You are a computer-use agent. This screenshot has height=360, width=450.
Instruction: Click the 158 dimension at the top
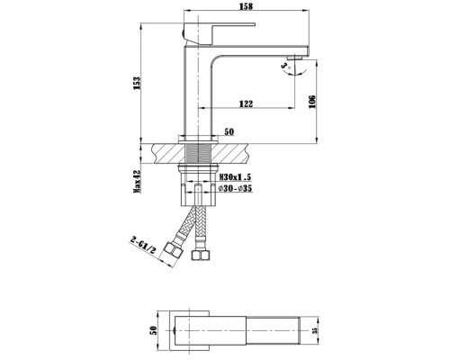coord(246,6)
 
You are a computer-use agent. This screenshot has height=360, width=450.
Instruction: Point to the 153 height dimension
coord(137,84)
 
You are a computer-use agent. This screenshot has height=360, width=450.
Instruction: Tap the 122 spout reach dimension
coord(246,103)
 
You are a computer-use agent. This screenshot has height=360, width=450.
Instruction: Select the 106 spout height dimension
coord(312,102)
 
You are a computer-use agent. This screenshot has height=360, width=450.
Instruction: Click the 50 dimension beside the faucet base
coord(229,131)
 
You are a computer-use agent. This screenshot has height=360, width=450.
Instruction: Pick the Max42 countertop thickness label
coord(137,182)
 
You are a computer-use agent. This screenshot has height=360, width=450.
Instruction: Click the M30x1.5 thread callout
coord(235,177)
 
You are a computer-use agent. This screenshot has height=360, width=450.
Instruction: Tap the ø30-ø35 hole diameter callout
coord(235,188)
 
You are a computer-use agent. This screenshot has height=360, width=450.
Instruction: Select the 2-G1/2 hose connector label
coord(143,245)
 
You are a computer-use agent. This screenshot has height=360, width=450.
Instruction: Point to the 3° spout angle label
coord(285,67)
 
